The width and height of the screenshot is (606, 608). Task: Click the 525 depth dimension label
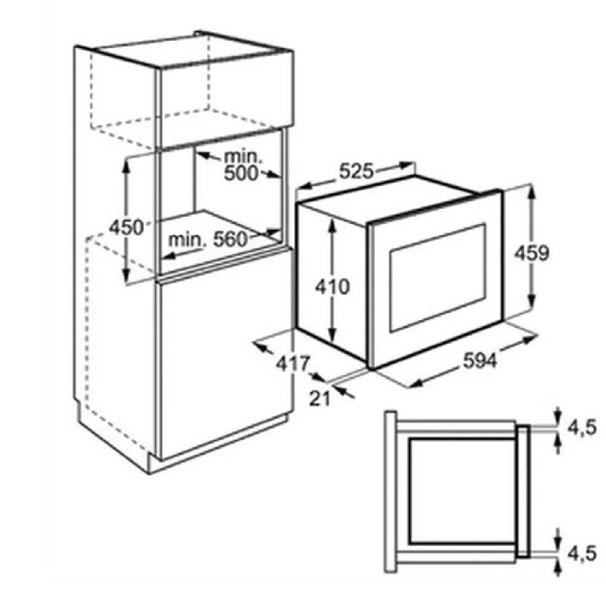(x=356, y=171)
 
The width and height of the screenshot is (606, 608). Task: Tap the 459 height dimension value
(x=532, y=253)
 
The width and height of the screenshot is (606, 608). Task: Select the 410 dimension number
(x=332, y=287)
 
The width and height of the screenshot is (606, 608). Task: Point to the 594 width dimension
(x=480, y=361)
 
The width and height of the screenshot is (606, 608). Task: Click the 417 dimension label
(x=293, y=364)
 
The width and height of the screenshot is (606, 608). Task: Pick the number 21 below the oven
(x=320, y=398)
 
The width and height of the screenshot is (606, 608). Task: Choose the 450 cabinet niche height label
(x=126, y=227)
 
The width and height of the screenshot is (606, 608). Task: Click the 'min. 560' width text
(x=208, y=240)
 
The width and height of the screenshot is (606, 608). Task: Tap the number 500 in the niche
(x=241, y=173)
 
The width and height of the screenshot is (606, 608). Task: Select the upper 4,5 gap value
(x=582, y=428)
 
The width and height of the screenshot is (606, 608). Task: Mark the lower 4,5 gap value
(x=582, y=554)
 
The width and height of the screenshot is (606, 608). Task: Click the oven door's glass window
(x=437, y=278)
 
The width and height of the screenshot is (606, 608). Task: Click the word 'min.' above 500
(x=243, y=156)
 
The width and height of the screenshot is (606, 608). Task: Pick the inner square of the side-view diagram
(x=462, y=491)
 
